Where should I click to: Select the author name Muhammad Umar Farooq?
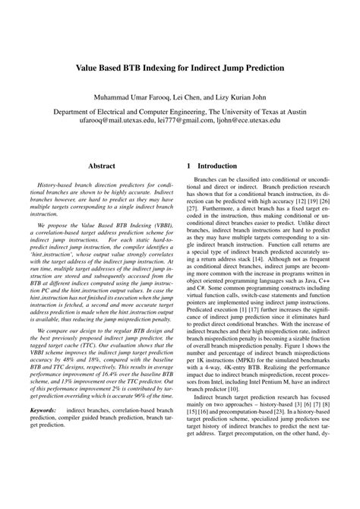click(131, 98)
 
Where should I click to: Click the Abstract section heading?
click(102, 164)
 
